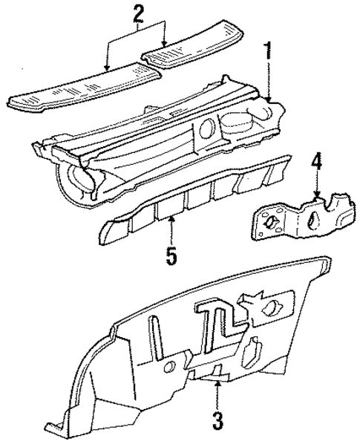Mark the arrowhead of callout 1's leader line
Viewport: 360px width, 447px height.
tap(268, 100)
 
